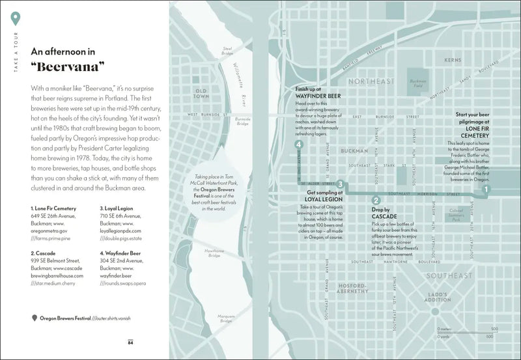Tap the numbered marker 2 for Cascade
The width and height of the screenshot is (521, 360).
tap(375, 201)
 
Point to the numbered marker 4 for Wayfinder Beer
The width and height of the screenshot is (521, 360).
tap(298, 145)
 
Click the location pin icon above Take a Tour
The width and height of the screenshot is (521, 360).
tap(16, 19)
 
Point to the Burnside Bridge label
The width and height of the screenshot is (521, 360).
tap(242, 121)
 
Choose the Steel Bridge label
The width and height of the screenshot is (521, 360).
tap(228, 49)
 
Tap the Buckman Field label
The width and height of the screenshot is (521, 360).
tap(417, 82)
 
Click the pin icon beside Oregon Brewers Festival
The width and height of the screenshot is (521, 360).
tap(34, 318)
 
